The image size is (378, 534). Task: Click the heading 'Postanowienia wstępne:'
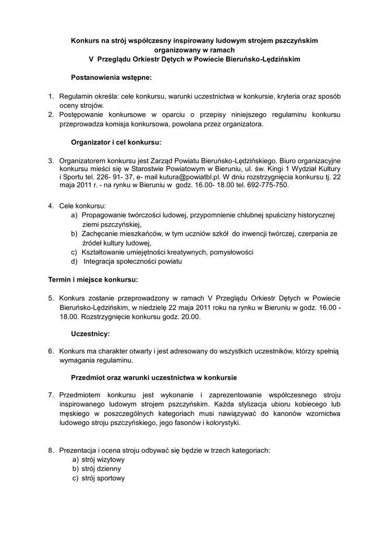pyautogui.click(x=111, y=78)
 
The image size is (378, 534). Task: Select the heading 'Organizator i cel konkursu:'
pyautogui.click(x=116, y=142)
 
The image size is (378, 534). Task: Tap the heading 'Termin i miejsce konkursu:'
pyautogui.click(x=93, y=280)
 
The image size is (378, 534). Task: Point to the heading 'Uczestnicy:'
pyautogui.click(x=90, y=334)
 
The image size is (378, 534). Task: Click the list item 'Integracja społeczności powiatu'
pyautogui.click(x=132, y=261)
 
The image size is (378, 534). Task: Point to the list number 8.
pyautogui.click(x=51, y=450)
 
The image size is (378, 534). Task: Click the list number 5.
pyautogui.click(x=51, y=298)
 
